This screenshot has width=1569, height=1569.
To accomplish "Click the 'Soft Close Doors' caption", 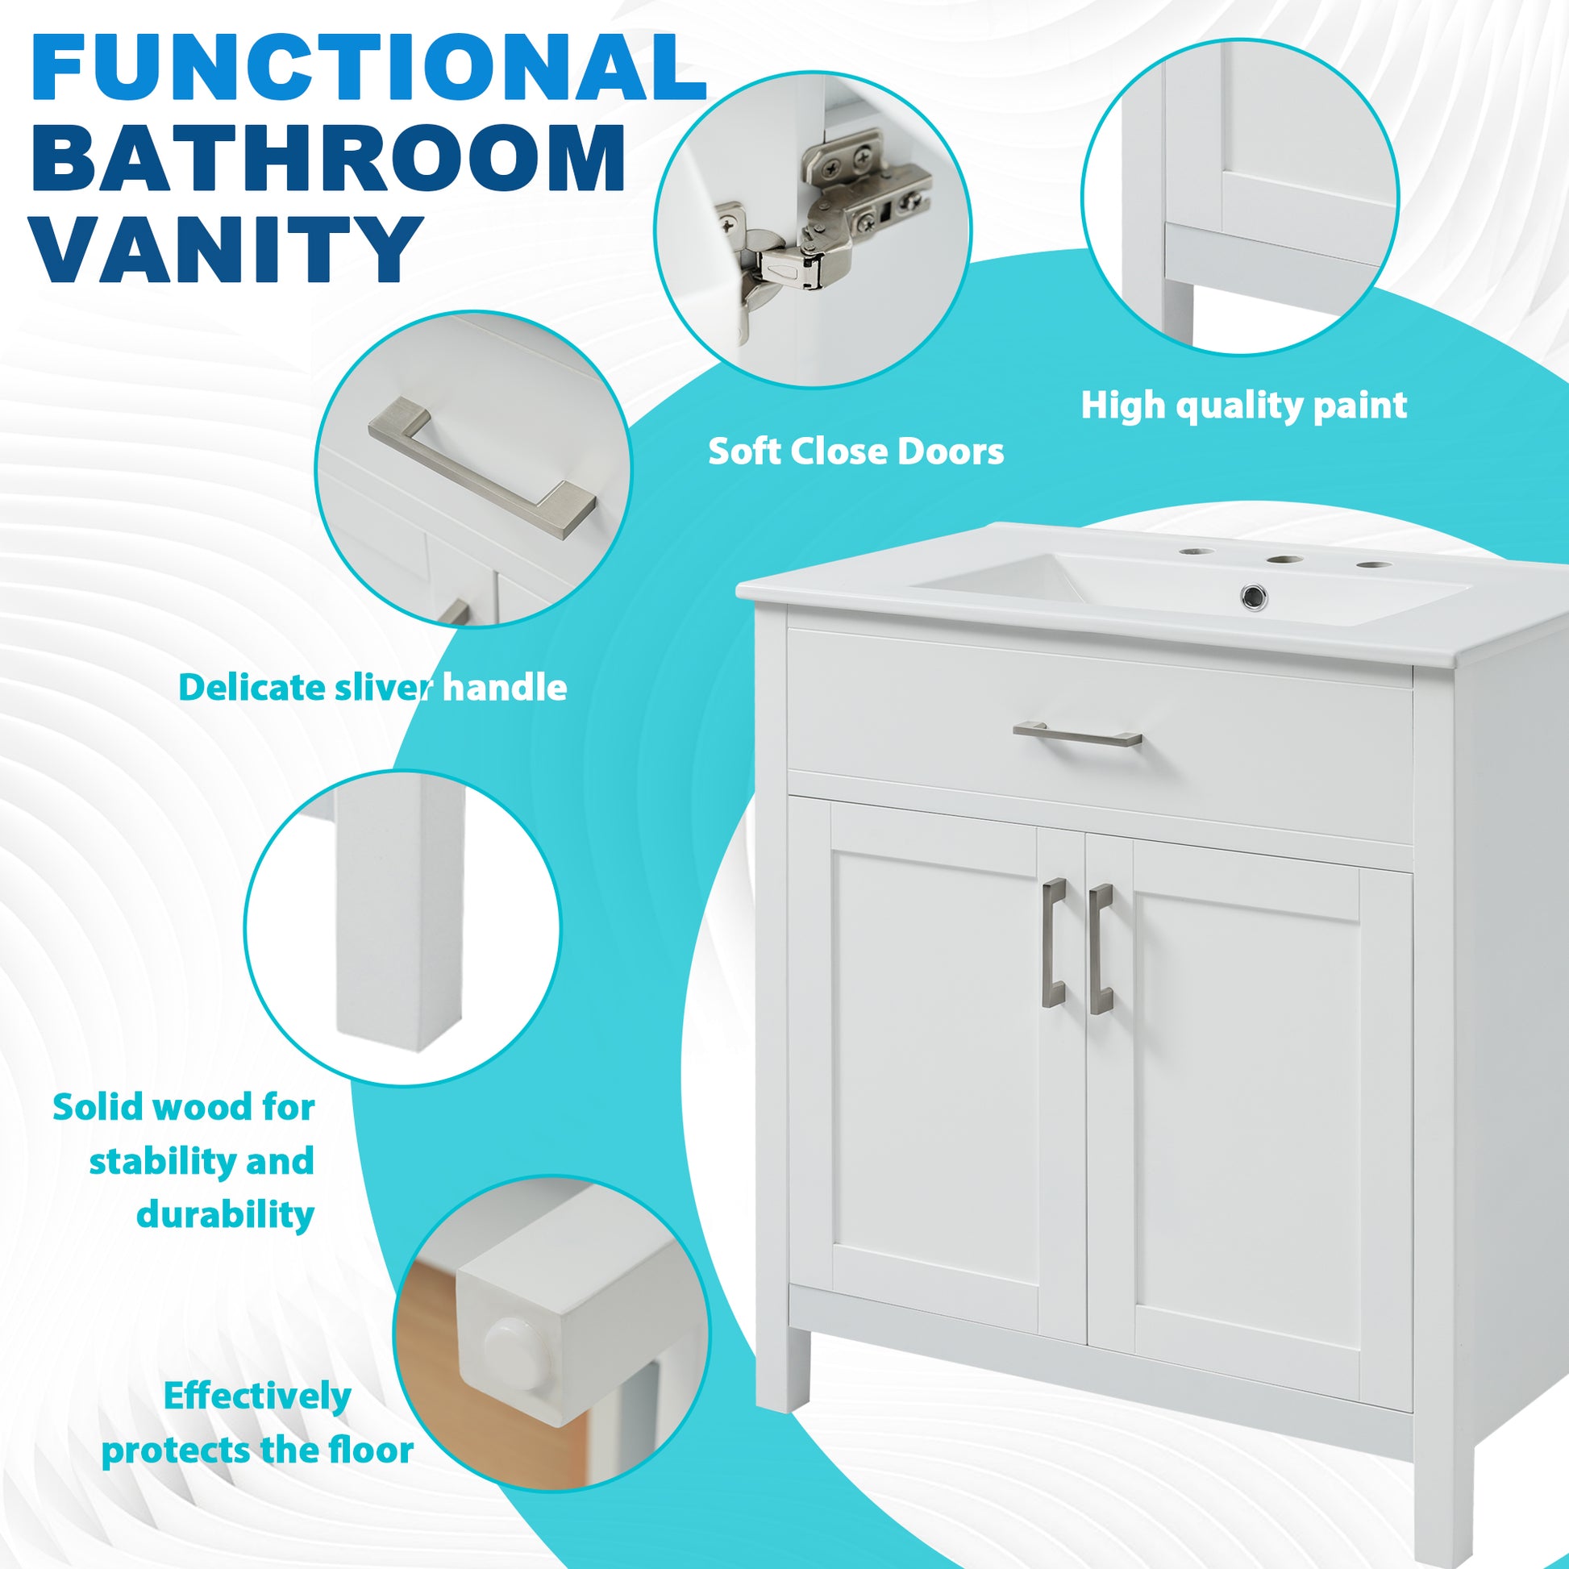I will (855, 452).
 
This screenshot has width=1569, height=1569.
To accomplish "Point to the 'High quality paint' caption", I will (1243, 406).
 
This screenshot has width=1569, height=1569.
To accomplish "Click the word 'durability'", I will (225, 1215).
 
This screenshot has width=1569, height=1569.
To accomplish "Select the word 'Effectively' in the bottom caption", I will (256, 1396).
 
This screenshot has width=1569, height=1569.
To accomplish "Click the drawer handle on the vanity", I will (1077, 735).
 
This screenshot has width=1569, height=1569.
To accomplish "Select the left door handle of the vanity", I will (1053, 943).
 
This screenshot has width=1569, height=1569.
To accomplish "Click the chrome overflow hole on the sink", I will (1254, 597).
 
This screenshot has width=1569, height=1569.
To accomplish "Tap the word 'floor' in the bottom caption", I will (370, 1450).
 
